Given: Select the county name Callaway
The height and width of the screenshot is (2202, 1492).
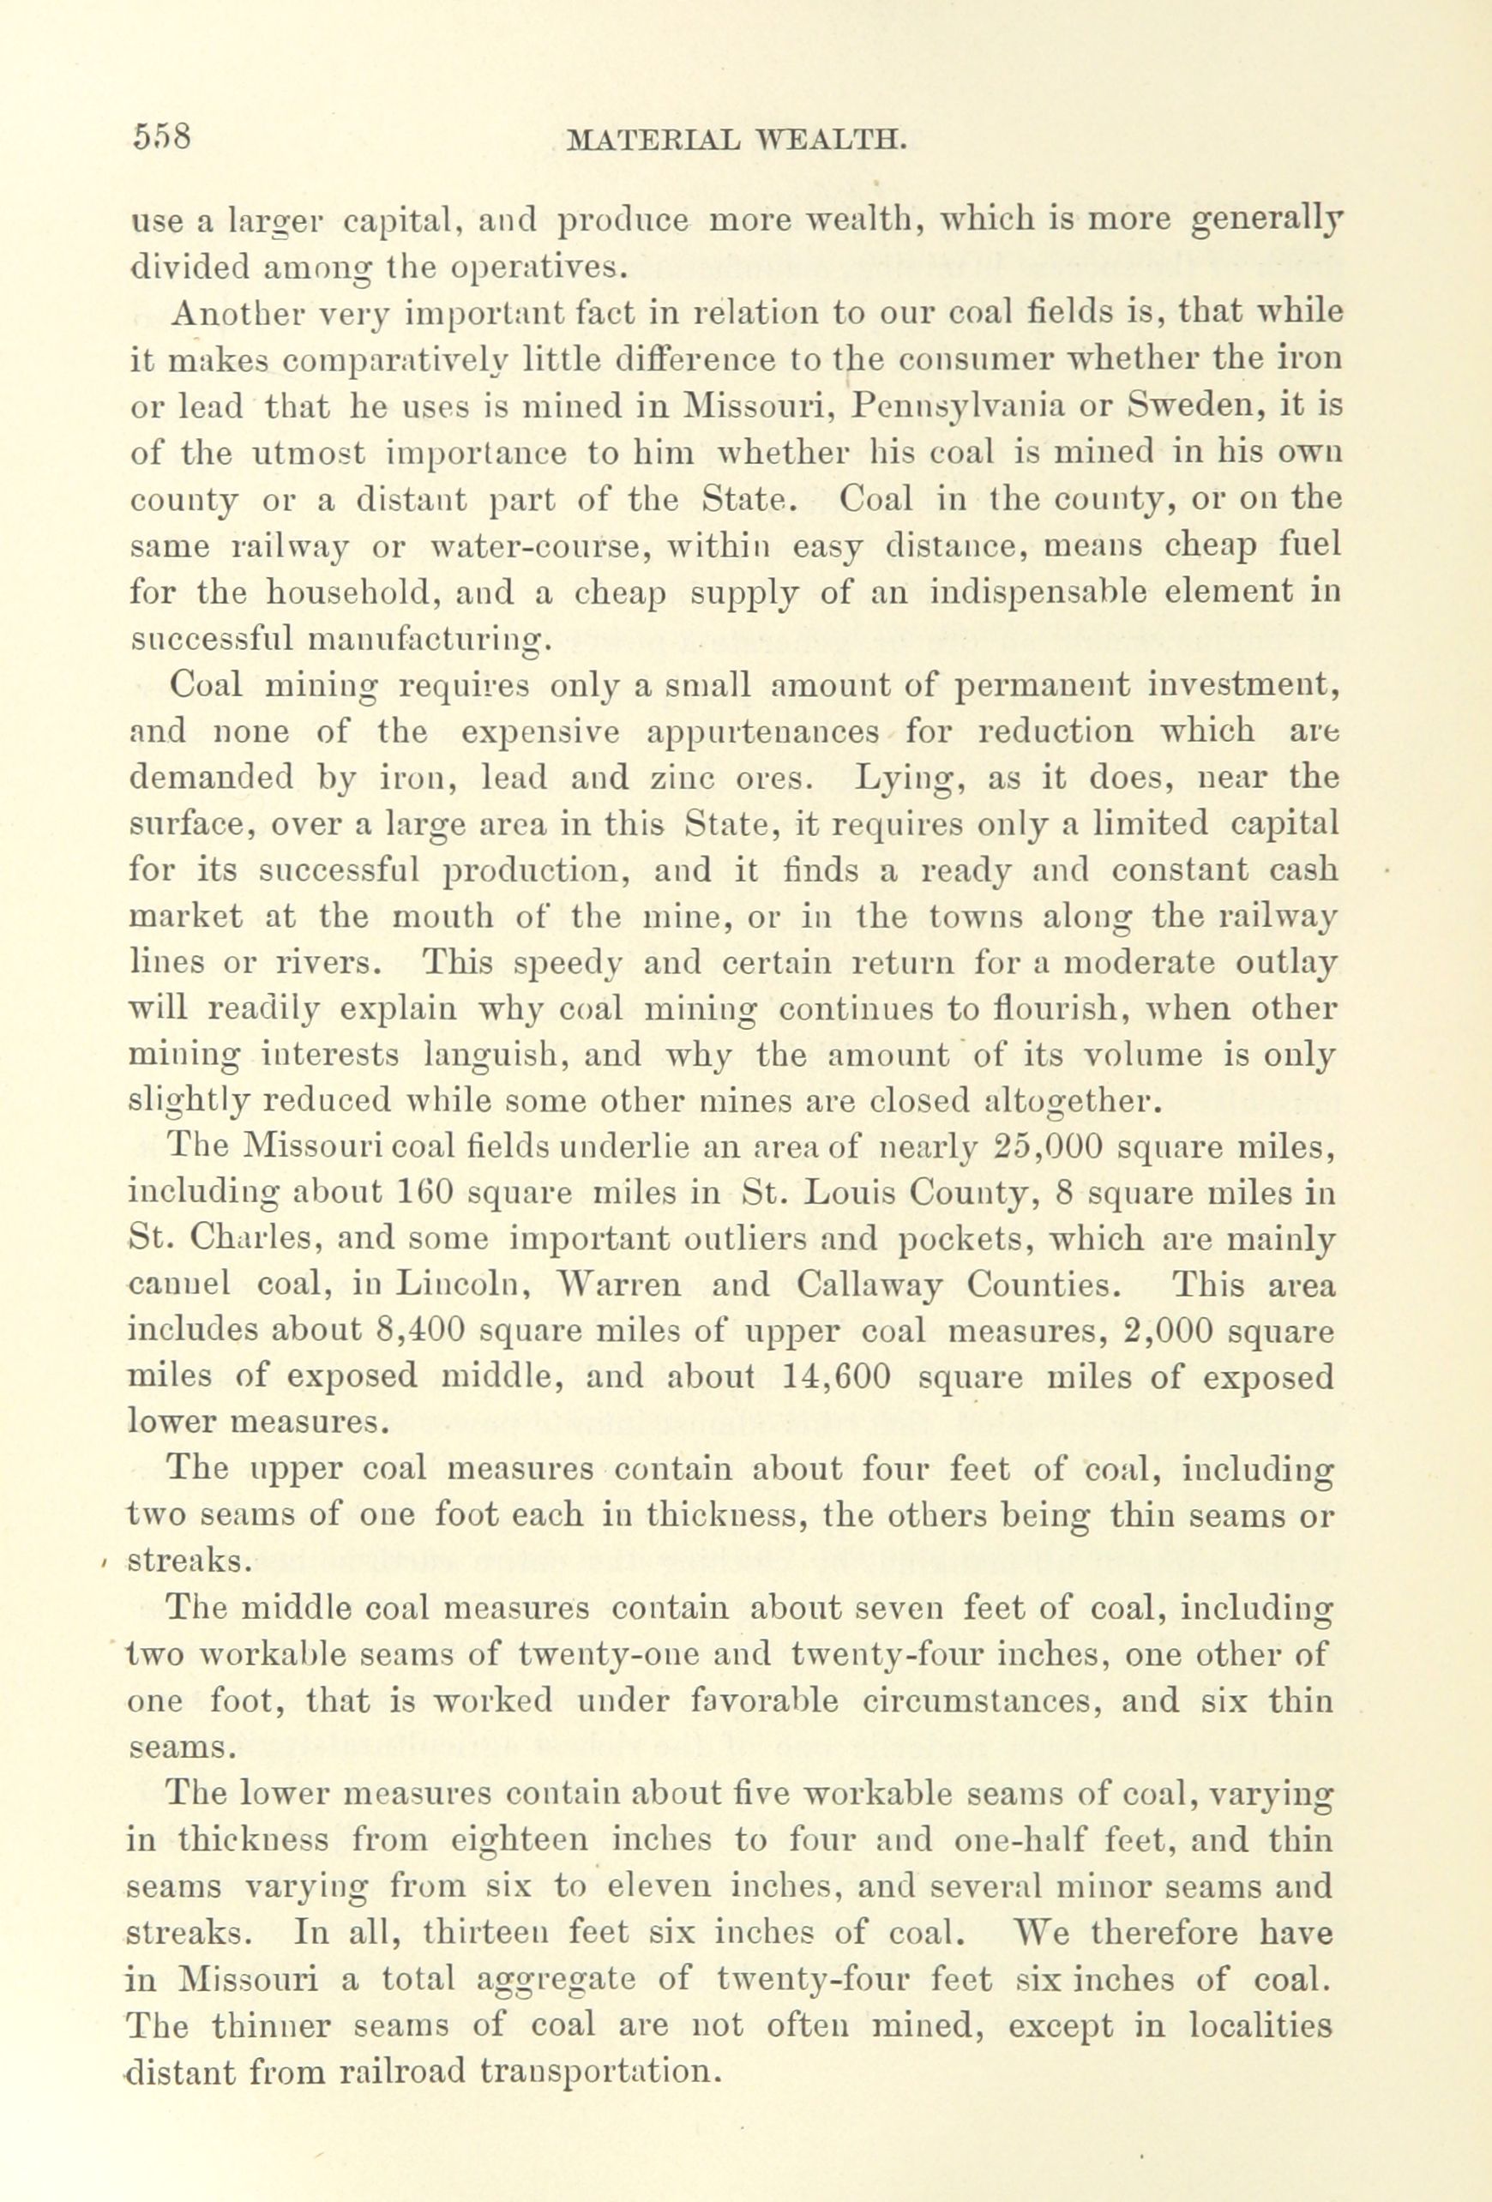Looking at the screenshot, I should pyautogui.click(x=868, y=1285).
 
